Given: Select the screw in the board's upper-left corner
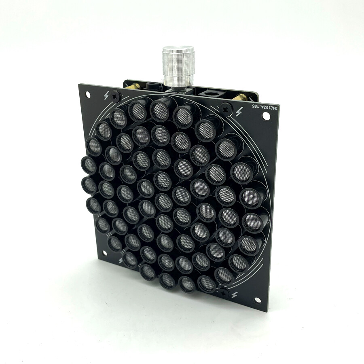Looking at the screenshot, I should pyautogui.click(x=116, y=96).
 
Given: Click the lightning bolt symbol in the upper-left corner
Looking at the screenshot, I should pyautogui.click(x=106, y=95).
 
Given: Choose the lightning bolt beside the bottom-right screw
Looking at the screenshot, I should pyautogui.click(x=235, y=295).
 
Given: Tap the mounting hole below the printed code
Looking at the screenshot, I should pyautogui.click(x=266, y=116).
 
